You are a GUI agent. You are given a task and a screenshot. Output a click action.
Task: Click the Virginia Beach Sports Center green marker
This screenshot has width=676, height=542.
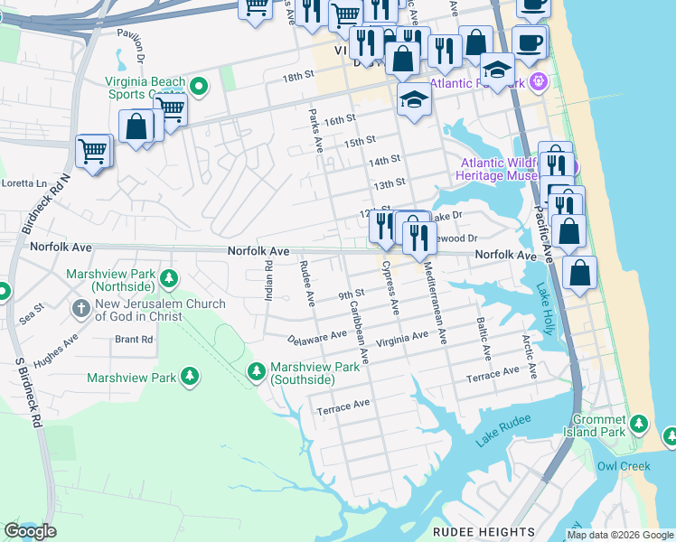(x=199, y=87)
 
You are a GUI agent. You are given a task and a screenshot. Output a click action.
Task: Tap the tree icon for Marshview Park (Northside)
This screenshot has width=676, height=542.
(x=169, y=278)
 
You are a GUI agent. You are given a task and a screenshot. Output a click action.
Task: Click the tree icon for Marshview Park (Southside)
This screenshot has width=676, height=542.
(x=258, y=371)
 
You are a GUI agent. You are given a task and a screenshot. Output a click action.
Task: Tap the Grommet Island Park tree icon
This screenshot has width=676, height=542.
(x=640, y=424)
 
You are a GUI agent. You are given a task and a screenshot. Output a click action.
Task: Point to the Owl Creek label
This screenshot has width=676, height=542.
(x=623, y=467)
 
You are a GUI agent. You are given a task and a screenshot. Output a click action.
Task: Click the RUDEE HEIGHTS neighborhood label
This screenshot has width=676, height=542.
(x=484, y=532)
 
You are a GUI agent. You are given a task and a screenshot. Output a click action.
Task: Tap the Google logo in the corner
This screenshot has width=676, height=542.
(x=31, y=531)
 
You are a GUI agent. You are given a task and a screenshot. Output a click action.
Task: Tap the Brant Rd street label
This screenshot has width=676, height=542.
(x=134, y=340)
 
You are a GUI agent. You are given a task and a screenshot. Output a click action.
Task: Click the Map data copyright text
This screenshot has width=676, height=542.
(x=620, y=535)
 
